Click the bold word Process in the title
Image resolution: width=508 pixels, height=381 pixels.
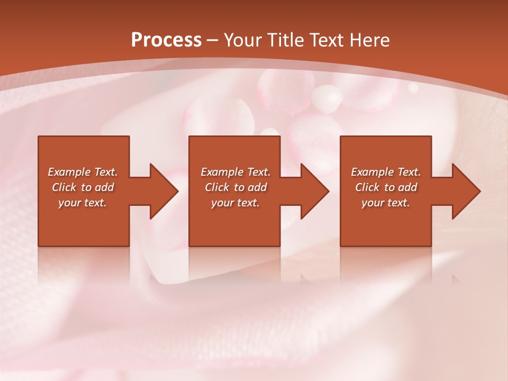coord(166,40)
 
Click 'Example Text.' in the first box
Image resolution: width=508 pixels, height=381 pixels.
coord(83,172)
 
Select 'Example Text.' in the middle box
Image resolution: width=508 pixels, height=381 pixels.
coord(235,172)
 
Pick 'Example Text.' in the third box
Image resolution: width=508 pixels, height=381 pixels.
coord(386,172)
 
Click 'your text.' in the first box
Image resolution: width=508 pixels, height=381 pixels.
coord(83,203)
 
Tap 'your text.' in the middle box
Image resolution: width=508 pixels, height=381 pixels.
coord(235,203)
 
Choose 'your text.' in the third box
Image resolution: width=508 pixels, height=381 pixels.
coord(386,203)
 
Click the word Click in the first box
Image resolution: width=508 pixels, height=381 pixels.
coord(63,187)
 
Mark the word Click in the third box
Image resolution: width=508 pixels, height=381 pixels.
coord(367,187)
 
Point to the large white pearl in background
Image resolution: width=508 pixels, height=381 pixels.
coord(326,99)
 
